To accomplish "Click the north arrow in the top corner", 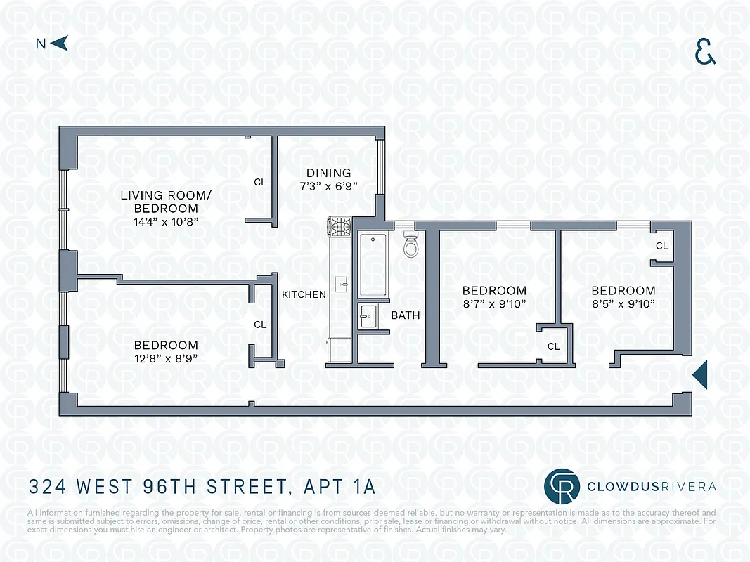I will pyautogui.click(x=60, y=44).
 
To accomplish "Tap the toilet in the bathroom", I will pyautogui.click(x=411, y=245).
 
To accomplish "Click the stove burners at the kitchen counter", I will pyautogui.click(x=342, y=226).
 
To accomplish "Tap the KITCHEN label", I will pyautogui.click(x=304, y=294).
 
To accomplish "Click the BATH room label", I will pyautogui.click(x=406, y=315).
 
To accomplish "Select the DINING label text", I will pyautogui.click(x=328, y=174).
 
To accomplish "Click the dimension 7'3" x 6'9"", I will pyautogui.click(x=328, y=186).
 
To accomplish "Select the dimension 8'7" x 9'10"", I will pyautogui.click(x=493, y=303).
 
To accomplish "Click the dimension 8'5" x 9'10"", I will pyautogui.click(x=623, y=303).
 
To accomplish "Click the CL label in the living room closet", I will pyautogui.click(x=260, y=182).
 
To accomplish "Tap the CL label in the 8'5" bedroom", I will pyautogui.click(x=661, y=246).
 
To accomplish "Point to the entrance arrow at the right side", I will pyautogui.click(x=699, y=376).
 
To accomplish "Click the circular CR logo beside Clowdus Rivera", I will pyautogui.click(x=562, y=486).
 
